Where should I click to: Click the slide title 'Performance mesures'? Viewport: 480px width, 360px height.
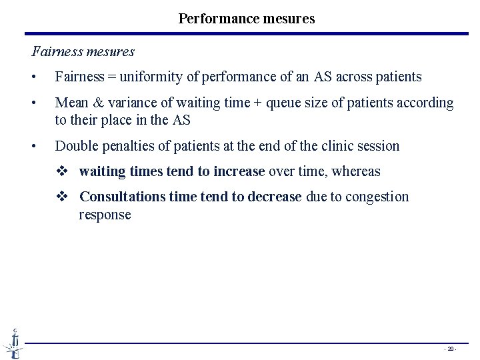pyautogui.click(x=247, y=19)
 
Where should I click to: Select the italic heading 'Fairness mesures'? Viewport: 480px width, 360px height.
pyautogui.click(x=83, y=51)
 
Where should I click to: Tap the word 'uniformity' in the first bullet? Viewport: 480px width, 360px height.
pyautogui.click(x=151, y=77)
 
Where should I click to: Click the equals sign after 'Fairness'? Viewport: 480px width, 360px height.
pyautogui.click(x=111, y=77)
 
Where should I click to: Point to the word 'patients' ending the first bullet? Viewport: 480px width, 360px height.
pyautogui.click(x=398, y=77)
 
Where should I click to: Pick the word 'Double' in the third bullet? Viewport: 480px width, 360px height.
pyautogui.click(x=76, y=145)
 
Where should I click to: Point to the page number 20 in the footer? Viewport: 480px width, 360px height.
pyautogui.click(x=451, y=348)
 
